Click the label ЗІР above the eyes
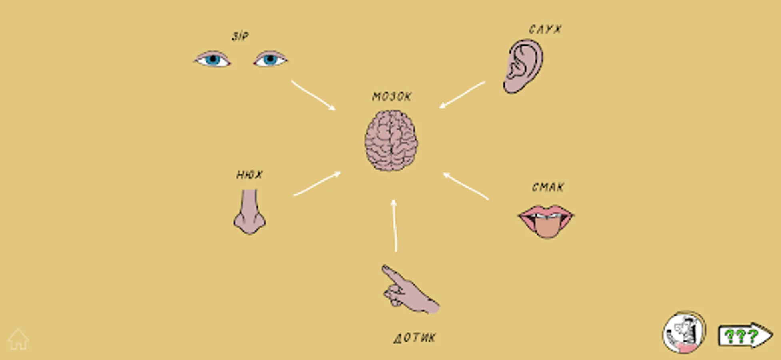pyautogui.click(x=240, y=36)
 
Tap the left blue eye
pyautogui.click(x=212, y=60)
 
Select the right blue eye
pyautogui.click(x=270, y=60)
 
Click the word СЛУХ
pyautogui.click(x=545, y=29)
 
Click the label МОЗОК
pyautogui.click(x=391, y=97)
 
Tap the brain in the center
pyautogui.click(x=391, y=141)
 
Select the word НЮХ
pyautogui.click(x=250, y=175)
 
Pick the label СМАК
pyautogui.click(x=548, y=187)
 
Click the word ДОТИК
pyautogui.click(x=415, y=338)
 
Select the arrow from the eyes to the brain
pyautogui.click(x=313, y=95)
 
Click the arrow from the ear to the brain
pyautogui.click(x=462, y=94)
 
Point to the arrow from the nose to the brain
pyautogui.click(x=317, y=184)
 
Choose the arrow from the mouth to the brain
pyautogui.click(x=466, y=186)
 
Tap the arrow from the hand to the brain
pyautogui.click(x=395, y=226)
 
